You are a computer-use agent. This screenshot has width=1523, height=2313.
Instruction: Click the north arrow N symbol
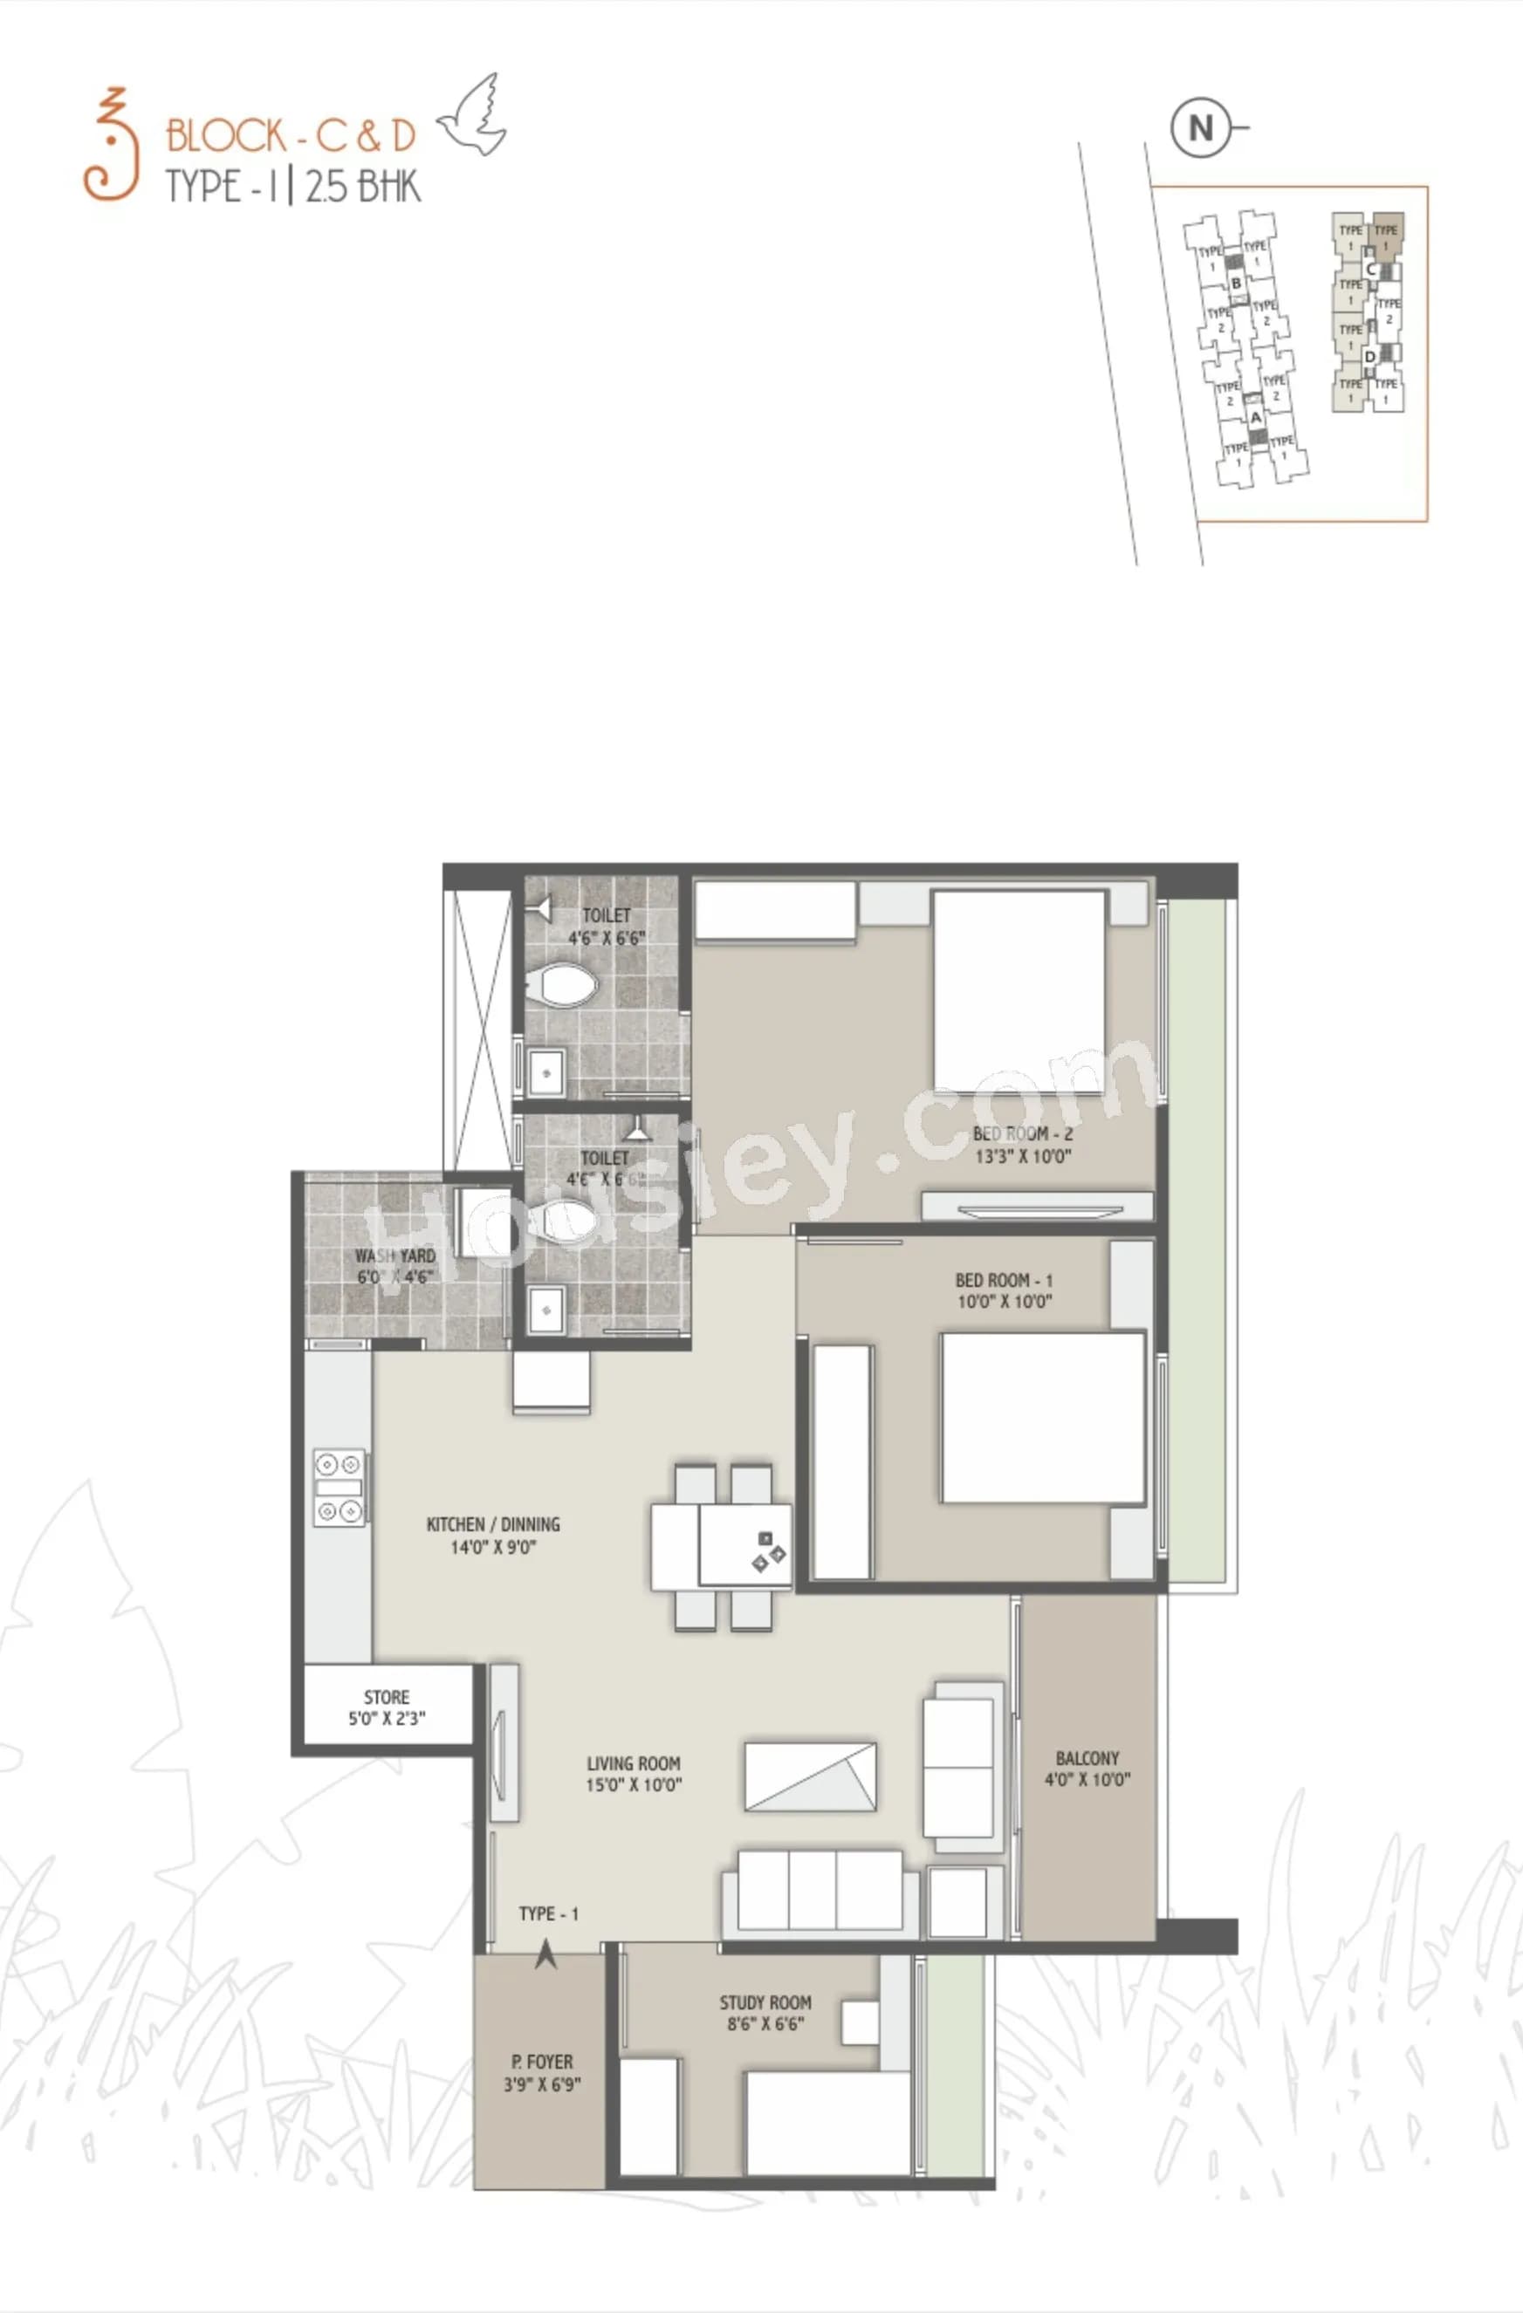(x=1201, y=128)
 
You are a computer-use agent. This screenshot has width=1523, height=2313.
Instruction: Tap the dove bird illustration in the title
(x=473, y=118)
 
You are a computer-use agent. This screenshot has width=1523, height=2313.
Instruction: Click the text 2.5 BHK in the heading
(x=362, y=186)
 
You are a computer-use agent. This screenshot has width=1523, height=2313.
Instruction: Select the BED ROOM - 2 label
(x=1022, y=1133)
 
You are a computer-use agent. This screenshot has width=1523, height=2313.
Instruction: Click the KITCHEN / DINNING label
(x=493, y=1524)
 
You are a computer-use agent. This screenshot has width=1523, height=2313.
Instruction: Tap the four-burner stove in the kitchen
(x=340, y=1487)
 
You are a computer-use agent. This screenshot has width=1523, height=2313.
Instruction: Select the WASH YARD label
(x=394, y=1256)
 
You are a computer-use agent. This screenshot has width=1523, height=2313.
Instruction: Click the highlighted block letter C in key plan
(x=1370, y=270)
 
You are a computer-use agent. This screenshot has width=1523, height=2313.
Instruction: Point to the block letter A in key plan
(x=1256, y=417)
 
